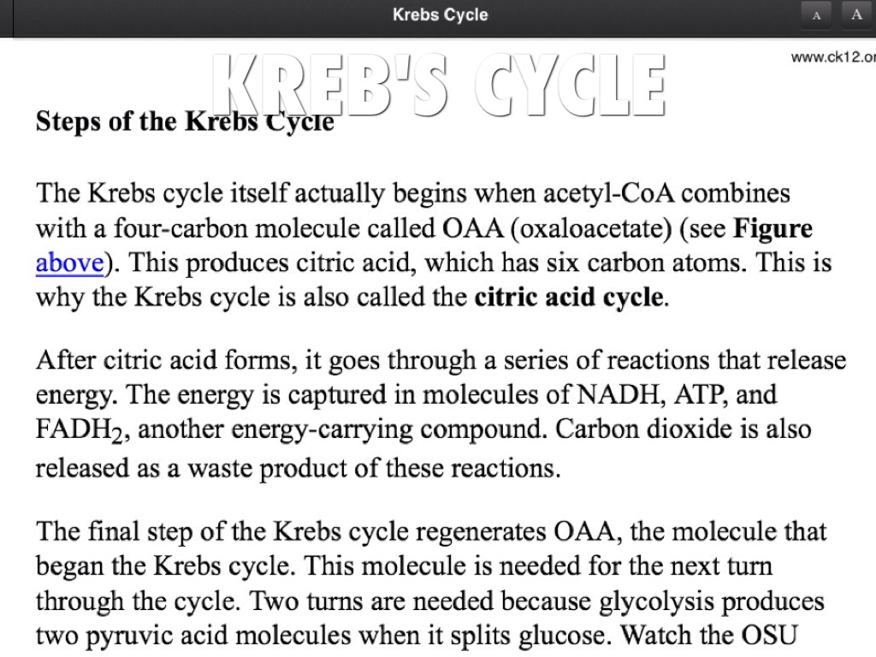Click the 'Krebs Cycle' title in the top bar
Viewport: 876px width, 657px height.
(440, 15)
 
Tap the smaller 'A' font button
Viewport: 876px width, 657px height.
(817, 15)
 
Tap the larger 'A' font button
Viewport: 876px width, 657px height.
(856, 15)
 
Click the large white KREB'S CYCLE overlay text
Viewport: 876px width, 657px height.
(439, 85)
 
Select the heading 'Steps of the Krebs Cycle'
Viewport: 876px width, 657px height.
(184, 122)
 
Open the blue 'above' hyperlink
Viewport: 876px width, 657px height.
(69, 263)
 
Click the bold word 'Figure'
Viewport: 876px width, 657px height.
(773, 229)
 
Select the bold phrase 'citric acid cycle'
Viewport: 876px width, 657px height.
(569, 298)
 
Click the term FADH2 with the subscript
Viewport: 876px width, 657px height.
(82, 429)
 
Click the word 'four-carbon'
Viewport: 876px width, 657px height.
(176, 229)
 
